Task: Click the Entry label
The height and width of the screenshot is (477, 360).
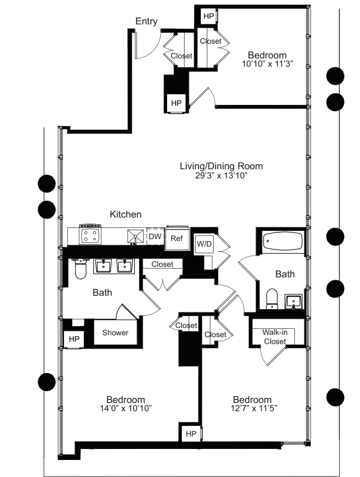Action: [x=146, y=21]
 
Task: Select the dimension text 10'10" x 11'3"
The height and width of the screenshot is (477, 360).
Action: [x=267, y=64]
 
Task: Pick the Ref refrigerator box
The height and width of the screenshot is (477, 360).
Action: [x=177, y=239]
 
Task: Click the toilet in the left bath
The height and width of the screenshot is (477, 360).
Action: [x=81, y=269]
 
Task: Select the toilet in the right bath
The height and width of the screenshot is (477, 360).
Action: [x=272, y=299]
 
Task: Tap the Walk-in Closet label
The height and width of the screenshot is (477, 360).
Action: [x=274, y=336]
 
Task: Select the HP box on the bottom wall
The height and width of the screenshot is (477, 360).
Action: [x=191, y=433]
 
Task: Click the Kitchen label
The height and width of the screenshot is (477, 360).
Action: [x=125, y=214]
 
